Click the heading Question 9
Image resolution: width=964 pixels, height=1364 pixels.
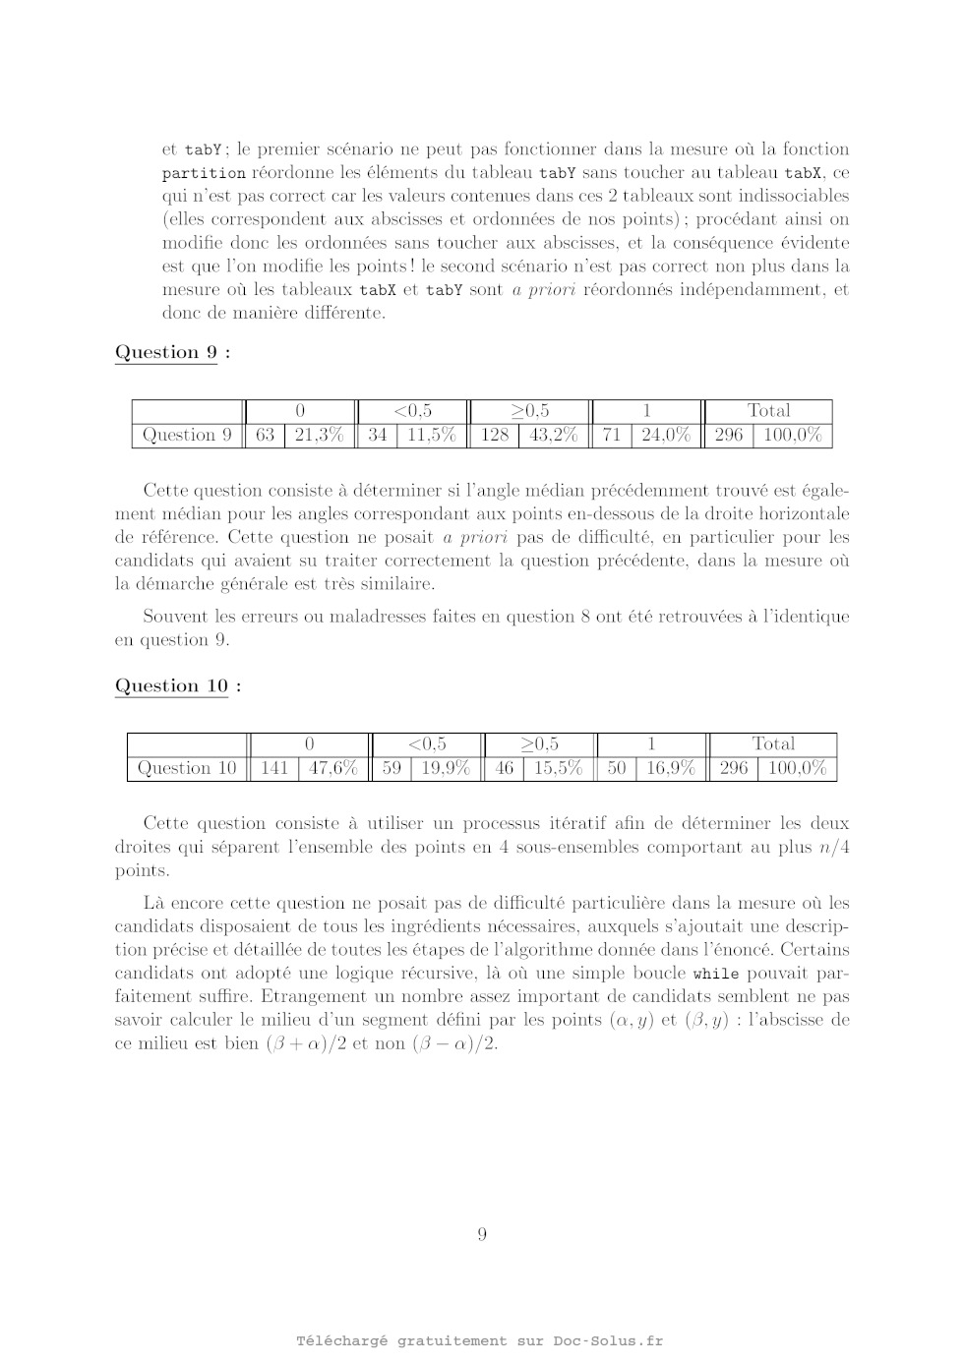[x=166, y=352]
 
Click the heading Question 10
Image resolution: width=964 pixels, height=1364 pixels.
[x=171, y=685]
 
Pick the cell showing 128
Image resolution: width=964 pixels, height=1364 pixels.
[x=494, y=435]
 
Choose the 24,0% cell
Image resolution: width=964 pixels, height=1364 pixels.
[x=666, y=435]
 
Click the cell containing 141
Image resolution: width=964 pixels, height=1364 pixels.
[x=273, y=768]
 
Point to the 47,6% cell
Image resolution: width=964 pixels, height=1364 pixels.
[x=333, y=768]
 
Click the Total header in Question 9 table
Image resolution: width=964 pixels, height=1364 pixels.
[x=768, y=410]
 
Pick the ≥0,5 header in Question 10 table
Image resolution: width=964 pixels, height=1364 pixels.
[x=539, y=743]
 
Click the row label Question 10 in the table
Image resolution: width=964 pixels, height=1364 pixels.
[x=187, y=768]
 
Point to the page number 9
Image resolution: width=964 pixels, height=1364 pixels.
[x=482, y=1234]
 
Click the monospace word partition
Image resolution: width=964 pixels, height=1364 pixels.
[x=204, y=173]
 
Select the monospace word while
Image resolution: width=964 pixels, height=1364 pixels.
[x=715, y=974]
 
